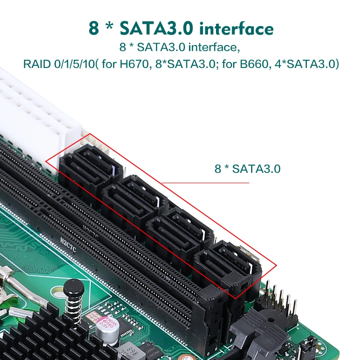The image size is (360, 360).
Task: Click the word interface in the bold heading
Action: (x=237, y=28)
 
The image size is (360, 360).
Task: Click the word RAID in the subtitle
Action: (x=36, y=64)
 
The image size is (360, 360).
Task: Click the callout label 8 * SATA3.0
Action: (x=247, y=169)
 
